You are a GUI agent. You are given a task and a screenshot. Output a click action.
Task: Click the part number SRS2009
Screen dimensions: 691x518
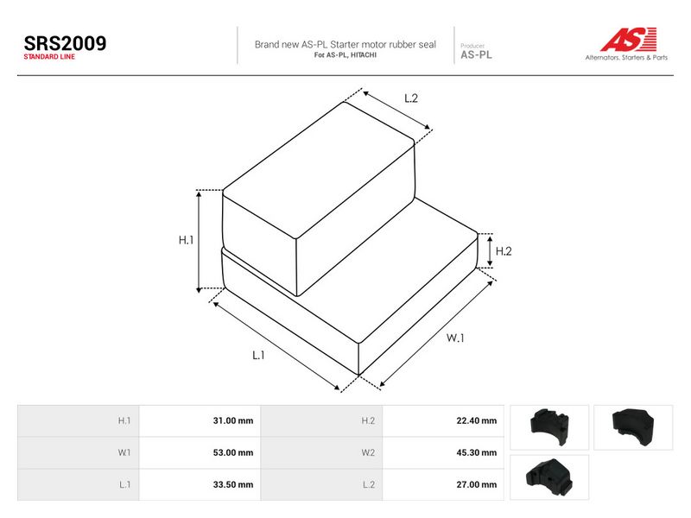pyautogui.click(x=65, y=43)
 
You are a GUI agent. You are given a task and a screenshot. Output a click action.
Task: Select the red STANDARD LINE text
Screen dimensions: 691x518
pyautogui.click(x=49, y=57)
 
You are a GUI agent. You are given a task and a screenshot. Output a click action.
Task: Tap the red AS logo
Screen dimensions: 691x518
pyautogui.click(x=629, y=39)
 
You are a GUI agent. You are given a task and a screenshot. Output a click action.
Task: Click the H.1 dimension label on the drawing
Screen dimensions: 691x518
pyautogui.click(x=186, y=240)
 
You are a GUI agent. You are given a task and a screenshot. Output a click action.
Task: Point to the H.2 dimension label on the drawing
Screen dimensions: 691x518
pyautogui.click(x=504, y=251)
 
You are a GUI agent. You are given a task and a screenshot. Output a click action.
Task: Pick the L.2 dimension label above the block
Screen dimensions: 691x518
pyautogui.click(x=411, y=98)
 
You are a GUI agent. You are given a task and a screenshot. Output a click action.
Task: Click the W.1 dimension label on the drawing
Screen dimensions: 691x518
pyautogui.click(x=455, y=338)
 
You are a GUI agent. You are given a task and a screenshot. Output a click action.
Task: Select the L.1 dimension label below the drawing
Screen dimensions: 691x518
pyautogui.click(x=258, y=355)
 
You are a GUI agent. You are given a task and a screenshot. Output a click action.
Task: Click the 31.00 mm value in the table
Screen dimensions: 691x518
pyautogui.click(x=233, y=420)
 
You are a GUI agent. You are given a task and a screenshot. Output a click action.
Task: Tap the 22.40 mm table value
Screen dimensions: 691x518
pyautogui.click(x=477, y=420)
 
